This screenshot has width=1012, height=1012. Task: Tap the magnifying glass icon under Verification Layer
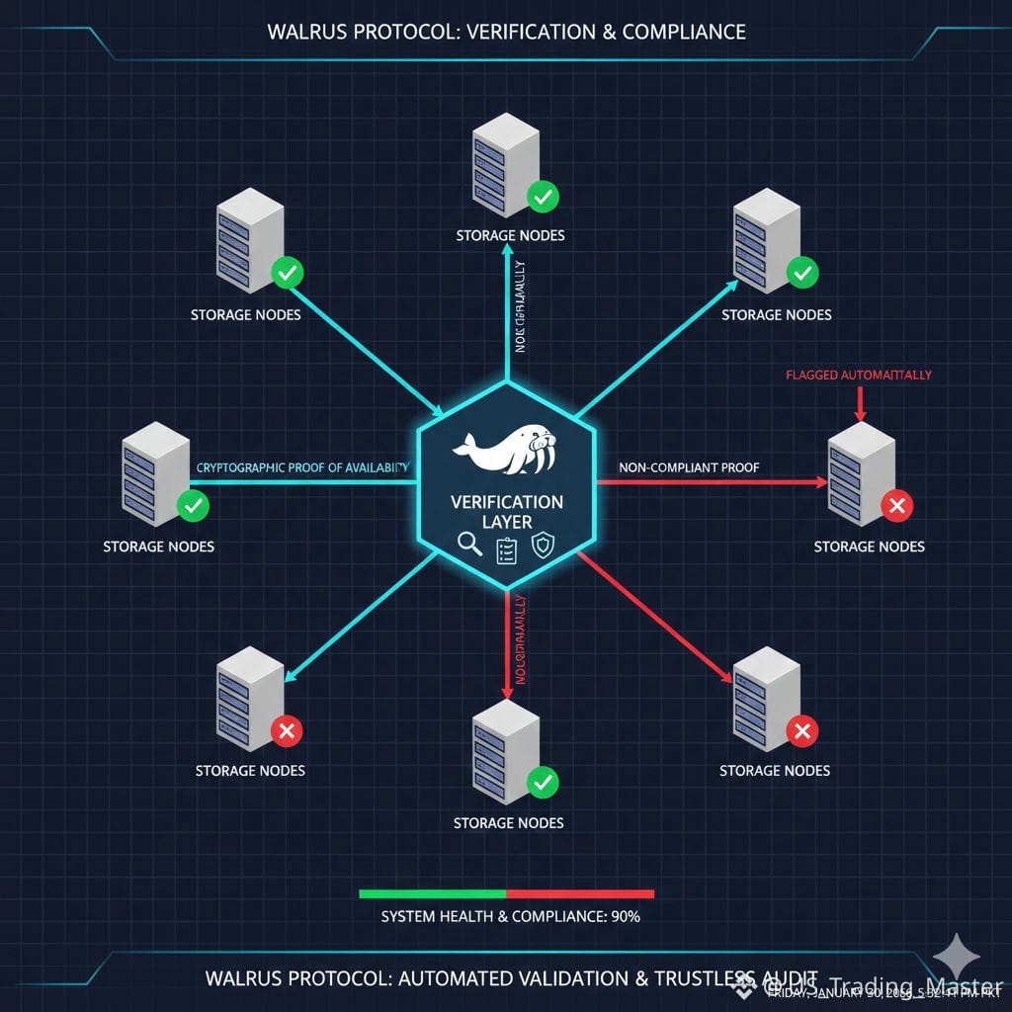pyautogui.click(x=469, y=546)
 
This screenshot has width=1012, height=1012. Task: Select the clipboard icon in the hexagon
pyautogui.click(x=506, y=549)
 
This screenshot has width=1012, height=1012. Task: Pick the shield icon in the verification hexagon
pyautogui.click(x=543, y=546)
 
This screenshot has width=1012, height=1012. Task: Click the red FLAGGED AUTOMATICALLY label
pyautogui.click(x=858, y=376)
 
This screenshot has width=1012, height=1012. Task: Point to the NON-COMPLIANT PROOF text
pyautogui.click(x=688, y=466)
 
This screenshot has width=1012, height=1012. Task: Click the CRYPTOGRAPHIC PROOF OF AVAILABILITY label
pyautogui.click(x=302, y=466)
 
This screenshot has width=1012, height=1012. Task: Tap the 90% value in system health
pyautogui.click(x=626, y=916)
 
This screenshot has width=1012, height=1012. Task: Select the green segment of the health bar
pyautogui.click(x=432, y=893)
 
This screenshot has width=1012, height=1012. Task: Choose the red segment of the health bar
pyautogui.click(x=580, y=893)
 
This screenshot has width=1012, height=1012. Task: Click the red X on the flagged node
pyautogui.click(x=897, y=507)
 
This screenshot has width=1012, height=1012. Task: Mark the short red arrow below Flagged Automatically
pyautogui.click(x=861, y=403)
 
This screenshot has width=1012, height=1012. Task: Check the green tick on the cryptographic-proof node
pyautogui.click(x=193, y=507)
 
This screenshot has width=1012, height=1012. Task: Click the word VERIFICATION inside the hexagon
pyautogui.click(x=507, y=502)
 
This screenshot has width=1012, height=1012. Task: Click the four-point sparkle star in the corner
pyautogui.click(x=958, y=958)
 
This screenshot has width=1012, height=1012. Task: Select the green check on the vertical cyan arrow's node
pyautogui.click(x=542, y=197)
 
